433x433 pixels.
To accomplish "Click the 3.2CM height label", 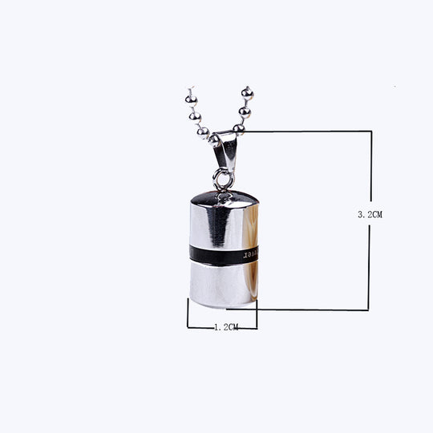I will click(370, 214).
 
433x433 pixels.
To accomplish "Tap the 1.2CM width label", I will click(226, 327).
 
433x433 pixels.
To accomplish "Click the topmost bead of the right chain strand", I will click(247, 94).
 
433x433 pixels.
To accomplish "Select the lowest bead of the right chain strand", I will click(238, 127).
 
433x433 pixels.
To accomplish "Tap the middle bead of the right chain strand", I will click(244, 111).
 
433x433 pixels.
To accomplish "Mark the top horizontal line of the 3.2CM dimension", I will click(305, 131).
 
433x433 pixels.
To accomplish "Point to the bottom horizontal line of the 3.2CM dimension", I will click(305, 310).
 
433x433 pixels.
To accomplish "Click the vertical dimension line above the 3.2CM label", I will click(370, 168).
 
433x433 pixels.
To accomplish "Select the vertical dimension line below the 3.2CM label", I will click(370, 265).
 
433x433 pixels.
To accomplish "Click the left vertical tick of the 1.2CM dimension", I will click(188, 314).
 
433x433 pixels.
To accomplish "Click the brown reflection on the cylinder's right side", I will click(252, 281).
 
